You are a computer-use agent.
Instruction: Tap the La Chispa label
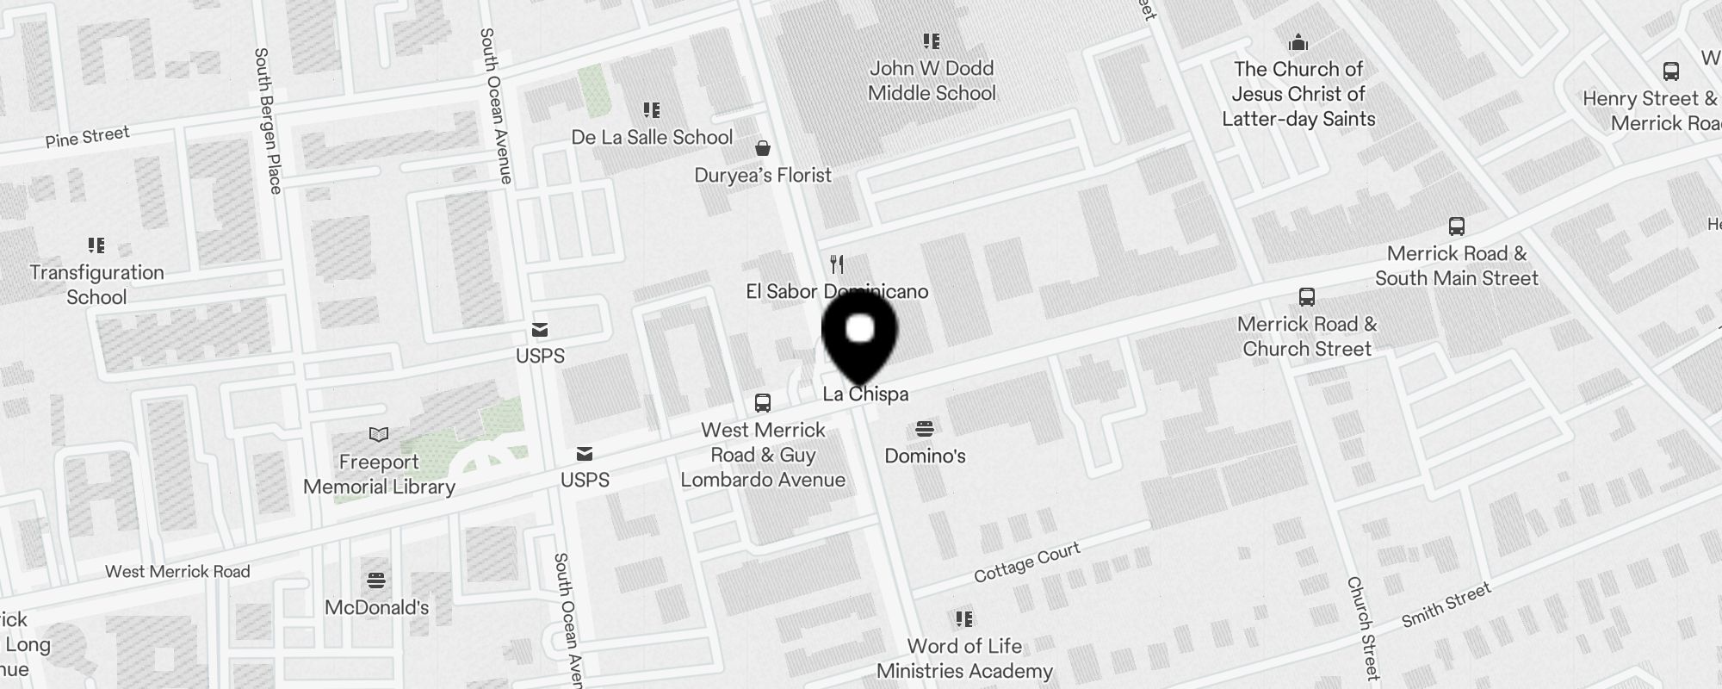(865, 394)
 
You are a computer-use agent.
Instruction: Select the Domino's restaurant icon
(925, 428)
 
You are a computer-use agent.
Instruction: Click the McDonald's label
(376, 607)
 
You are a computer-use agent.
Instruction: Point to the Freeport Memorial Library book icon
(379, 434)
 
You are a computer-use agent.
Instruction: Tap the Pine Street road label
(88, 136)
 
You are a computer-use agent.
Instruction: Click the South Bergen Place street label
(268, 121)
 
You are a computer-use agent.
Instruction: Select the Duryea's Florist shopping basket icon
(762, 148)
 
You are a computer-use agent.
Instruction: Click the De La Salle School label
(652, 138)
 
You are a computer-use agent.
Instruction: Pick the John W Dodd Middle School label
(932, 81)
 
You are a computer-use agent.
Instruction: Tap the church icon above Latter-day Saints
(1298, 41)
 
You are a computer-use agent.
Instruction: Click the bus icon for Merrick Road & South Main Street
(1456, 227)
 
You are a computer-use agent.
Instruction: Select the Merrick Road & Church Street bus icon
(1306, 297)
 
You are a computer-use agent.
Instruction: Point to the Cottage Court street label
(1026, 562)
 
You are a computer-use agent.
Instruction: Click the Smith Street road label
(1446, 605)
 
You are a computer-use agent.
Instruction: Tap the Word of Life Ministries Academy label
(964, 658)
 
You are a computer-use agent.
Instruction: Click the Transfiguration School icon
(96, 245)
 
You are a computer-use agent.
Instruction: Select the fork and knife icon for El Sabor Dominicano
(836, 264)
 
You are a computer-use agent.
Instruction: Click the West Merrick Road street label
(177, 571)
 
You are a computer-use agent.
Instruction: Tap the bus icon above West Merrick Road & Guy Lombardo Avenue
(762, 402)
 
